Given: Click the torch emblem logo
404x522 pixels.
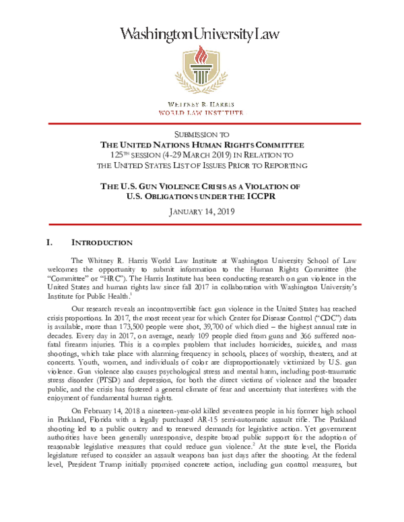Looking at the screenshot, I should (202, 73).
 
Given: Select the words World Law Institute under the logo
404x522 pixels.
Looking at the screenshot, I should (202, 112).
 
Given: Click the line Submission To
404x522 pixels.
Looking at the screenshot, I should (202, 134).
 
